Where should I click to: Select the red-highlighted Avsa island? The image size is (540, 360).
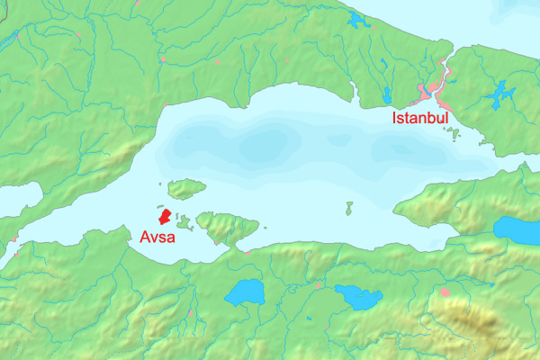[x=164, y=216]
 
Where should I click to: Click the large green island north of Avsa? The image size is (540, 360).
[x=186, y=188]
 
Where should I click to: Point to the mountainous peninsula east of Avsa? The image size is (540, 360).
[x=226, y=225]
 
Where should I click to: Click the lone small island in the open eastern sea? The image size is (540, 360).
[x=348, y=209]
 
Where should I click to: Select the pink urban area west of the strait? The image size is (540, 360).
[x=429, y=90]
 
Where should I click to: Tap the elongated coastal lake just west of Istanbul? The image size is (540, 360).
[x=388, y=94]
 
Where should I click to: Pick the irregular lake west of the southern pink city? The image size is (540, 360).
[x=358, y=297]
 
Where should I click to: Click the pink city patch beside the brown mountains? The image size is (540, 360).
[x=445, y=292]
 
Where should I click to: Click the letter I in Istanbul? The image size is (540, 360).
[x=393, y=118]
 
